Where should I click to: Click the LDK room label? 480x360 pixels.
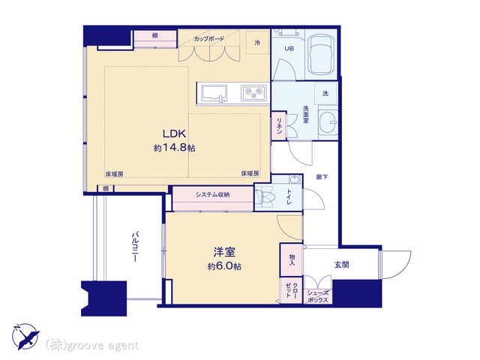[174, 133]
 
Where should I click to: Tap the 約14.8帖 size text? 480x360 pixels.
[174, 148]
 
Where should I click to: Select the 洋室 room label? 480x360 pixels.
[224, 252]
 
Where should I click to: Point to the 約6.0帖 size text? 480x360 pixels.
[224, 266]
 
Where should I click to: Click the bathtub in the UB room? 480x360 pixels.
[321, 55]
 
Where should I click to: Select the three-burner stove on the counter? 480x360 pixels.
[253, 93]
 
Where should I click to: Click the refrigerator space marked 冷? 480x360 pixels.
[257, 43]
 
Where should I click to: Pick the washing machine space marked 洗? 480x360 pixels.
[325, 93]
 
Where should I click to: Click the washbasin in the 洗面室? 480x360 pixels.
[328, 121]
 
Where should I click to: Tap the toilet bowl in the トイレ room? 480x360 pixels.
[265, 198]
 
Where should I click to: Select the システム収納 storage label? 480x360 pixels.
[213, 194]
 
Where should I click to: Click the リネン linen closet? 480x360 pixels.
[279, 126]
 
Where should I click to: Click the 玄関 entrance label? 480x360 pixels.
[342, 264]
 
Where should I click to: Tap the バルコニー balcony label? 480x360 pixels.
[135, 247]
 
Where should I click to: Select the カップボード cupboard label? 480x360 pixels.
[209, 39]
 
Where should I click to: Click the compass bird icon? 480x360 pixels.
[26, 337]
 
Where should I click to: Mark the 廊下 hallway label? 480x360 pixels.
[322, 177]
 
